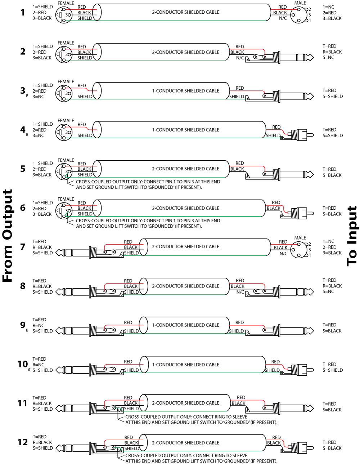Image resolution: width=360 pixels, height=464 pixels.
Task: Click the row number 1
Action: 23,13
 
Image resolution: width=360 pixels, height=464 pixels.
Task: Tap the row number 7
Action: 23,247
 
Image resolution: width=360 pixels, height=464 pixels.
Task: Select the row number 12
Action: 22,442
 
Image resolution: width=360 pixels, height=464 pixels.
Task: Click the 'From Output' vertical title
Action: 8,236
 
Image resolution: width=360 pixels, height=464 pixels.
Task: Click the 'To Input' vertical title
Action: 352,236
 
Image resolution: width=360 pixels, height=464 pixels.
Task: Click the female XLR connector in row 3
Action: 64,93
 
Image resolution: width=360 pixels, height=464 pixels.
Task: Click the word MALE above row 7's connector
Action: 300,238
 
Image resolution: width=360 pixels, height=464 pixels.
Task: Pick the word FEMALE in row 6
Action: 66,199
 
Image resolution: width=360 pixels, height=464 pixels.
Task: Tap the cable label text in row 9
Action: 185,325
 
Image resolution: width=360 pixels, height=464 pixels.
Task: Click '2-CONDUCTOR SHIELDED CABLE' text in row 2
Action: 185,52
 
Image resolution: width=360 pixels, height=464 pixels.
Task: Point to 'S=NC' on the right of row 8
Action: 328,291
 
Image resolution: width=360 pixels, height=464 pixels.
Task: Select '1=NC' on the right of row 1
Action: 328,7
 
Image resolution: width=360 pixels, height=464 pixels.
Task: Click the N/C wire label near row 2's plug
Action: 240,58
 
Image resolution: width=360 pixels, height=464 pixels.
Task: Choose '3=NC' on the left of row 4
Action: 39,135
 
